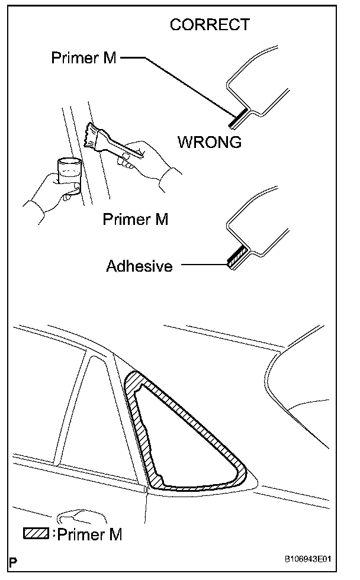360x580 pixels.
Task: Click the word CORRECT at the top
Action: pos(210,25)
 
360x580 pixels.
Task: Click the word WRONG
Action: pos(210,142)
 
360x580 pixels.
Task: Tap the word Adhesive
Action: pos(139,266)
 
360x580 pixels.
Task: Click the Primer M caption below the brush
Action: pos(136,219)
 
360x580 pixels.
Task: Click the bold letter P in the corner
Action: pos(13,560)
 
